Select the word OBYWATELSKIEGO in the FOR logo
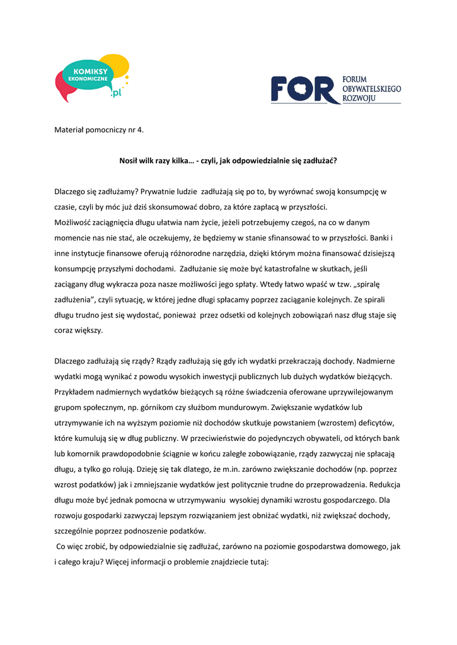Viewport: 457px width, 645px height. pyautogui.click(x=372, y=90)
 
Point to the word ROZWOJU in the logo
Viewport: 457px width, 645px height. pyautogui.click(x=359, y=100)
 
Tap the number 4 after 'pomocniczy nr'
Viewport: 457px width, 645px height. pyautogui.click(x=140, y=130)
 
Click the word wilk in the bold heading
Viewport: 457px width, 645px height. pyautogui.click(x=149, y=161)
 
